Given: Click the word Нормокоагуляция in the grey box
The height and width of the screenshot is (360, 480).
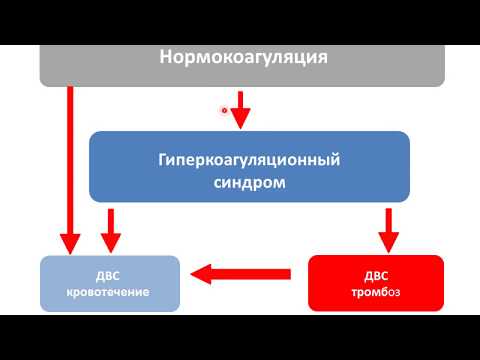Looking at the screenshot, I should [243, 57].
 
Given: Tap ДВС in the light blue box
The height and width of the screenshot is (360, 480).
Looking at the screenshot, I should [110, 274].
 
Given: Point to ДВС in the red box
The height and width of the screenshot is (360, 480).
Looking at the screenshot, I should [374, 274].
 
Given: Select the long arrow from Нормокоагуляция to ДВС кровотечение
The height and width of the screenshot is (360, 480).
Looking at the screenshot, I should [70, 160].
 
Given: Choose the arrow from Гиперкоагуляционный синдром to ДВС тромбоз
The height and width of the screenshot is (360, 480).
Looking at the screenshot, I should [387, 225].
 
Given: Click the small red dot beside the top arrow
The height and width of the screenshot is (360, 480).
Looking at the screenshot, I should [224, 111].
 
